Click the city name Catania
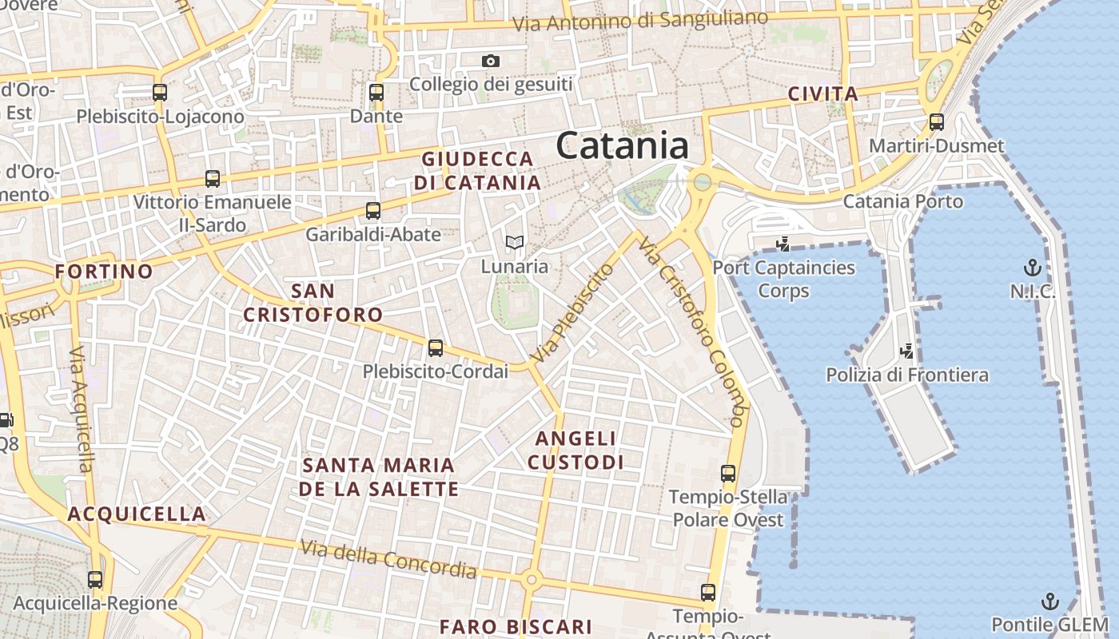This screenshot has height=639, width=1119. tap(622, 146)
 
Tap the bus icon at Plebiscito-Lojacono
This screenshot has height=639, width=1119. tap(160, 93)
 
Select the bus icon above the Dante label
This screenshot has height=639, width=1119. tap(376, 93)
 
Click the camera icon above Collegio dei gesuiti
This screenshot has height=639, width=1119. tap(491, 61)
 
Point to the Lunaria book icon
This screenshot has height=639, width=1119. tap(515, 242)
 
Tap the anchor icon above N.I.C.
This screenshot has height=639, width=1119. tap(1033, 267)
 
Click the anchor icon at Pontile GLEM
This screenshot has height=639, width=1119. tap(1049, 601)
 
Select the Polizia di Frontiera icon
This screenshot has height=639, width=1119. tap(906, 350)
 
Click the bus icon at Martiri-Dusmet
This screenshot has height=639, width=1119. tap(937, 122)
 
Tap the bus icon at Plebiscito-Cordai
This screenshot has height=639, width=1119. tap(436, 348)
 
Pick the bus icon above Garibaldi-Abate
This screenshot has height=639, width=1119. tap(373, 211)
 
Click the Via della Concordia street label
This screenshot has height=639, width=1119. tap(388, 559)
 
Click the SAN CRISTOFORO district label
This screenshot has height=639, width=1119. tap(313, 303)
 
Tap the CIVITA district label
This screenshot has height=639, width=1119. tap(823, 94)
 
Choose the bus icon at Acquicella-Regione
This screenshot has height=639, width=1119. tap(95, 580)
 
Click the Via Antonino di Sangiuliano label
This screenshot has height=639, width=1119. tap(640, 21)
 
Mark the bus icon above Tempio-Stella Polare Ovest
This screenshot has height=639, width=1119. tap(728, 473)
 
